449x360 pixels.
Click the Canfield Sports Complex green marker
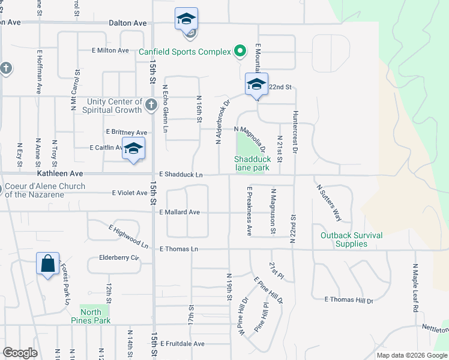pyautogui.click(x=240, y=52)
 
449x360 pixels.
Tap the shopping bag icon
pyautogui.click(x=47, y=264)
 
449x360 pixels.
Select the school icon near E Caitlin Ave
pyautogui.click(x=133, y=149)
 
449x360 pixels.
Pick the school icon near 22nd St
pyautogui.click(x=256, y=85)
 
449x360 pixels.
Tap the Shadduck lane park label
pyautogui.click(x=252, y=164)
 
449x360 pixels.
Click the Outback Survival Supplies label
pyautogui.click(x=351, y=239)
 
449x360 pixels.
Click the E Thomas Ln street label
pyautogui.click(x=178, y=248)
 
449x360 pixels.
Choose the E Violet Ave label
pyautogui.click(x=130, y=193)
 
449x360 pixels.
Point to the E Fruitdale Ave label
pyautogui.click(x=182, y=344)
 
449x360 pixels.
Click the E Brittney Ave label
pyautogui.click(x=126, y=132)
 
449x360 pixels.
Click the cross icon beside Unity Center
pyautogui.click(x=151, y=106)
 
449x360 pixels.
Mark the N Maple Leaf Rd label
pyautogui.click(x=415, y=289)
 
